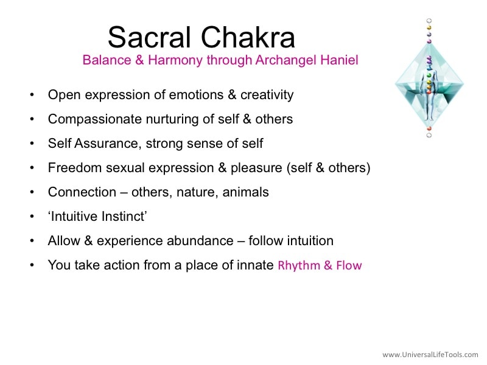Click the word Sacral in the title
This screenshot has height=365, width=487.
149,37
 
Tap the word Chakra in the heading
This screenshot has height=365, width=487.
248,37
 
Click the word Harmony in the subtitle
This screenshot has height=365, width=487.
175,60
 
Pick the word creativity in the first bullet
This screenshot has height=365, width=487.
267,95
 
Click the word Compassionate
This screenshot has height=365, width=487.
95,119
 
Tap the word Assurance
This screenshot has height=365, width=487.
106,144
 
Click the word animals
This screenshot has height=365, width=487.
245,192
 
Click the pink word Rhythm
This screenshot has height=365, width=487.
299,266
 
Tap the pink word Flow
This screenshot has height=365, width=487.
349,265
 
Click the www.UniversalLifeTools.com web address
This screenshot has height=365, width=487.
430,355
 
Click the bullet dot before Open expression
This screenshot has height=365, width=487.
32,95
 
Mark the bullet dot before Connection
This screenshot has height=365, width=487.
32,192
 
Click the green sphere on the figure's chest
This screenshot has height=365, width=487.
429,75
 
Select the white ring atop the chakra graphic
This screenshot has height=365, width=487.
429,21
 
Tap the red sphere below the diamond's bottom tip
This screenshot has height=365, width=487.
429,129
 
